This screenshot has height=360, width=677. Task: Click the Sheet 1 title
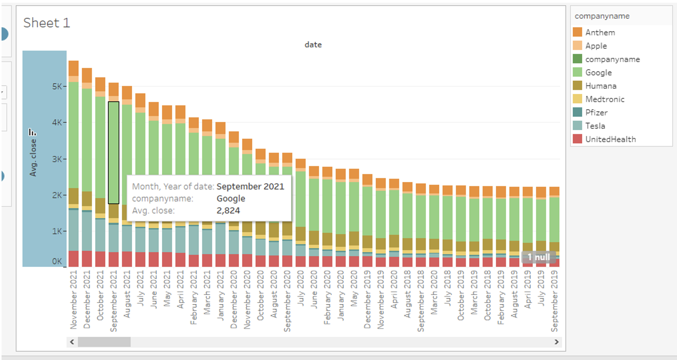tap(46, 23)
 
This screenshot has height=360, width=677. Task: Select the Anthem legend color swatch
tap(577, 32)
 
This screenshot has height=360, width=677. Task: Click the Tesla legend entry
tap(595, 126)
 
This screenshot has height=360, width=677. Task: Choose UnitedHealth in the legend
tap(610, 139)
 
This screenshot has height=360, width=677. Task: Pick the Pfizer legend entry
tap(596, 112)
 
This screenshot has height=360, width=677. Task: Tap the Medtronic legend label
tap(604, 99)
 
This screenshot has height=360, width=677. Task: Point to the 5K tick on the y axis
tap(57, 87)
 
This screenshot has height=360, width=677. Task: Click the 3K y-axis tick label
tap(57, 159)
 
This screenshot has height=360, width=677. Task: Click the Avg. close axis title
tap(33, 158)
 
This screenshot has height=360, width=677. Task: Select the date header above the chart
tap(313, 45)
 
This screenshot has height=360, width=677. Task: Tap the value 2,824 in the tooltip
tap(228, 211)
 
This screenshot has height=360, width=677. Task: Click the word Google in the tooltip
tap(231, 199)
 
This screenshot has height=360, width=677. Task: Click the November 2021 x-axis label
tap(73, 299)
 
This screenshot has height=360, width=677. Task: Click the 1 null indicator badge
tap(538, 257)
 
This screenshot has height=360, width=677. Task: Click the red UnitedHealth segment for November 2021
tap(73, 259)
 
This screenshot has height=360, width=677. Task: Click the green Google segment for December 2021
tap(87, 139)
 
